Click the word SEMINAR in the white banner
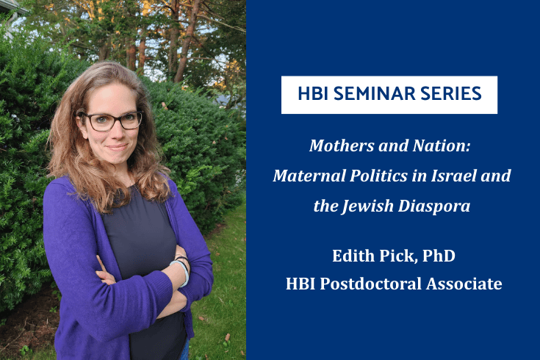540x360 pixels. [370, 95]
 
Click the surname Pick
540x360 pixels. [398, 258]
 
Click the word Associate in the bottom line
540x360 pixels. [467, 284]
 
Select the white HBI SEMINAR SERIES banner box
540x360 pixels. [389, 95]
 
